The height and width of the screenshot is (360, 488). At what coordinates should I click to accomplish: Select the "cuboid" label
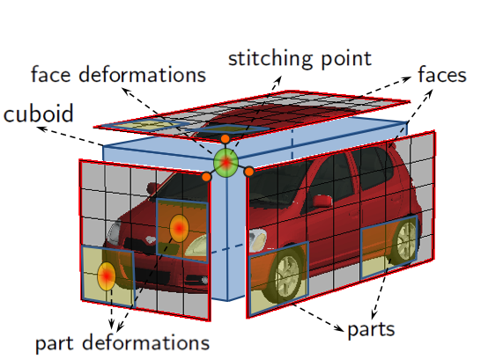pyautogui.click(x=38, y=114)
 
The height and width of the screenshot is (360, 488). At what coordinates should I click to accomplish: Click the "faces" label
pyautogui.click(x=442, y=74)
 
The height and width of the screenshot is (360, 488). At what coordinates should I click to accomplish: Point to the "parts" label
pyautogui.click(x=371, y=330)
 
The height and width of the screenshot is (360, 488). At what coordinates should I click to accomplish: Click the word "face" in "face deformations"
pyautogui.click(x=51, y=74)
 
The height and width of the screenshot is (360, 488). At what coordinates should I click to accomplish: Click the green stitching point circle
pyautogui.click(x=226, y=163)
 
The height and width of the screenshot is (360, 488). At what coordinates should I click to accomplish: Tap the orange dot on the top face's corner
pyautogui.click(x=225, y=139)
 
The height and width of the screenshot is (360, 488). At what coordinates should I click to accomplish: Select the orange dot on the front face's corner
pyautogui.click(x=206, y=177)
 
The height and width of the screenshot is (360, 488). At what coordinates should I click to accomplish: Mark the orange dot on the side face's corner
pyautogui.click(x=248, y=172)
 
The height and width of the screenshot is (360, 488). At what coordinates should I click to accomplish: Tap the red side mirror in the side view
pyautogui.click(x=322, y=200)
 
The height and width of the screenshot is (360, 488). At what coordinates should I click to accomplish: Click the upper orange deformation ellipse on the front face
pyautogui.click(x=179, y=228)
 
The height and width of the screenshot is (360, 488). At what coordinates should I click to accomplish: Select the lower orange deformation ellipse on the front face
pyautogui.click(x=107, y=276)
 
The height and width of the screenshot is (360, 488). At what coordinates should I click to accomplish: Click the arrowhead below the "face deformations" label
pyautogui.click(x=125, y=91)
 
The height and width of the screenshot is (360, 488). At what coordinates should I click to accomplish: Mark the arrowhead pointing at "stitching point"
pyautogui.click(x=278, y=80)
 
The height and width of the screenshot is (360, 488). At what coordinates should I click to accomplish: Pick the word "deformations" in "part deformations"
pyautogui.click(x=146, y=342)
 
